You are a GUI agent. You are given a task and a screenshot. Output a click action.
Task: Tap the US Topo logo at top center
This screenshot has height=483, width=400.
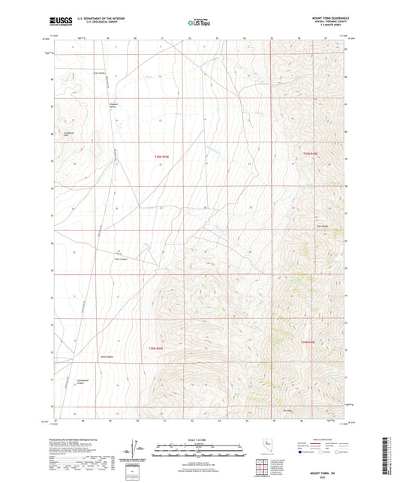[199, 23]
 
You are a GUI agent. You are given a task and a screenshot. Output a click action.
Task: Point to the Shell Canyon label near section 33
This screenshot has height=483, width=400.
[121, 260]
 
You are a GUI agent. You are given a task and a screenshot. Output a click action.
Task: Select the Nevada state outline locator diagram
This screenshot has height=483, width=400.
[268, 447]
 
